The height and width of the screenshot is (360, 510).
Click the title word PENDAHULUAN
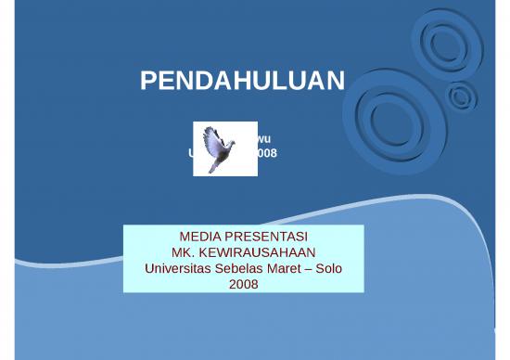(x=242, y=83)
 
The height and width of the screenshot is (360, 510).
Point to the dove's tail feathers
(x=216, y=167)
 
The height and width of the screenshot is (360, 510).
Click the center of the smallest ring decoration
(x=459, y=95)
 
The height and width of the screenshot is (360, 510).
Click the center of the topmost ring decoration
(x=439, y=41)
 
